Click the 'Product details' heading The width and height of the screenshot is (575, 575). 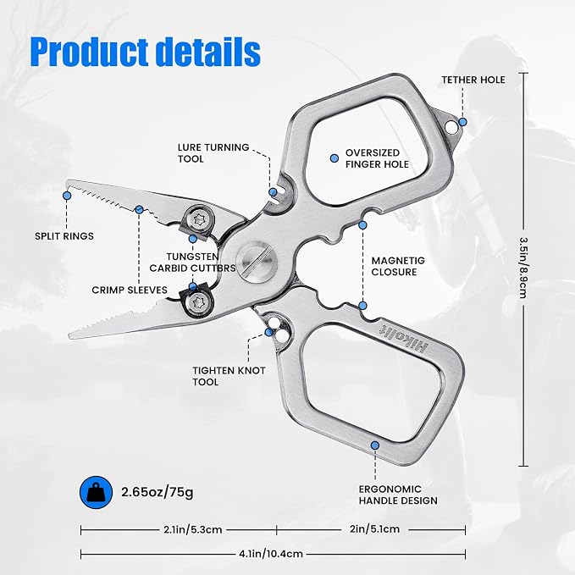145,52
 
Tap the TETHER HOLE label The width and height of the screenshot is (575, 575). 473,80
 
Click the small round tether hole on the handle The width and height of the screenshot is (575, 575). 451,127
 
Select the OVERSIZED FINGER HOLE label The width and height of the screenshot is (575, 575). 377,158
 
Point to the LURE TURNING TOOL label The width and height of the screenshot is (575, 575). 213,153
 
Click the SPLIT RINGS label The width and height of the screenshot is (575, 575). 64,235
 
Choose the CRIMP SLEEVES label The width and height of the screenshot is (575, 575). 130,290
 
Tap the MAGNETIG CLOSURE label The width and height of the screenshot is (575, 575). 398,266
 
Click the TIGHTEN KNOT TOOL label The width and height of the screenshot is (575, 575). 229,376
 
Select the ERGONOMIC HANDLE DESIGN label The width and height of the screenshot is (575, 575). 398,495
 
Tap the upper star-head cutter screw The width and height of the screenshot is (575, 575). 200,220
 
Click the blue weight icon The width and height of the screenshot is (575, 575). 96,492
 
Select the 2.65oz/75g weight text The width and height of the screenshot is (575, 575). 158,492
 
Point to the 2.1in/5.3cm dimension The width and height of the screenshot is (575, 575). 193,529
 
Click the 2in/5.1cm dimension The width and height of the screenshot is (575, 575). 374,528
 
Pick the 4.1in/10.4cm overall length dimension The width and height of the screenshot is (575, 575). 271,553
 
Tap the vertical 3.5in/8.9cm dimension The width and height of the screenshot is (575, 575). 523,268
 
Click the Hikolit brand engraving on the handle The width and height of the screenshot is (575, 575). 403,337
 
